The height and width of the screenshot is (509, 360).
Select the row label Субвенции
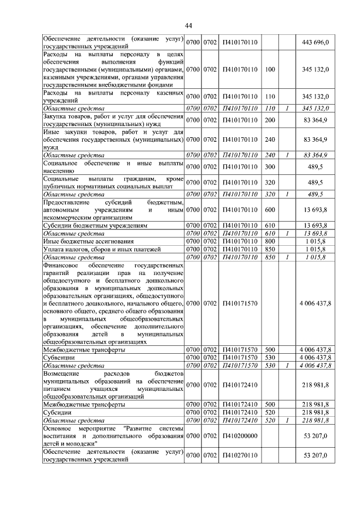[58, 357]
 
